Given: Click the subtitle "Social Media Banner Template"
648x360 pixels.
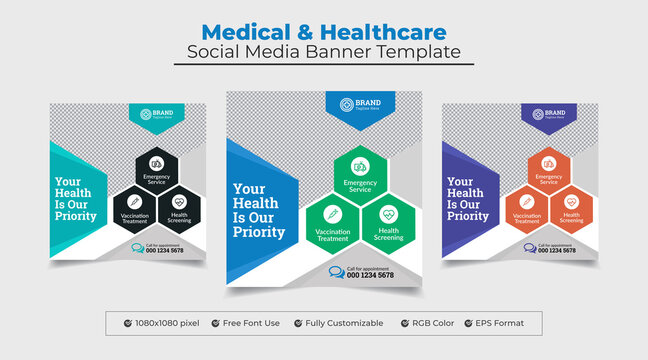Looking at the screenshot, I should [324, 51].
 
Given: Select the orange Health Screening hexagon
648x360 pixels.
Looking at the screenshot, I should [571, 207].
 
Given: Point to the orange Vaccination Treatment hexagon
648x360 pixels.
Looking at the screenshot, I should [526, 207].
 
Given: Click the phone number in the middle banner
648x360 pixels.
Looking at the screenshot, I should [370, 275].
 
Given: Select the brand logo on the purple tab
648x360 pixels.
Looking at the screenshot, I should [538, 114].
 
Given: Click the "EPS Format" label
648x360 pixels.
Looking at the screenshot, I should [505, 323].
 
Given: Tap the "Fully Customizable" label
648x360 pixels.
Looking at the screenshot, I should [345, 323].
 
